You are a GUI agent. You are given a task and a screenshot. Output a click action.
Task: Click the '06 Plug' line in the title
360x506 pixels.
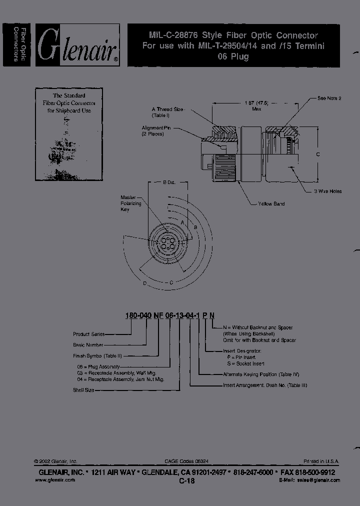pos(233,56)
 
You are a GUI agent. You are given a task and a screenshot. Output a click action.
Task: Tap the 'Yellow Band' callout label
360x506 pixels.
pos(271,204)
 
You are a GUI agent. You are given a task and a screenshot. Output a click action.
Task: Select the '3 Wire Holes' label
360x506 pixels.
pos(327,191)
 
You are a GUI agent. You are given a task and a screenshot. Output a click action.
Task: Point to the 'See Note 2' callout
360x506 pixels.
pos(329,98)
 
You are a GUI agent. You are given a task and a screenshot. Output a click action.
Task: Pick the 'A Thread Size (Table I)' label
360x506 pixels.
pos(168,111)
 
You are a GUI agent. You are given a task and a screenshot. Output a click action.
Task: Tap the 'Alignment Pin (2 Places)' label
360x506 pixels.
pos(156,131)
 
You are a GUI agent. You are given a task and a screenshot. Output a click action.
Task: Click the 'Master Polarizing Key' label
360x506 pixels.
pos(131,203)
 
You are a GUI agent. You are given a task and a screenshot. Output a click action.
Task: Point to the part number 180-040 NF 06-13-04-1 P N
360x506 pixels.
pos(169,314)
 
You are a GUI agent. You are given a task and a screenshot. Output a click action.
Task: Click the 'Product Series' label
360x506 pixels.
pos(88,334)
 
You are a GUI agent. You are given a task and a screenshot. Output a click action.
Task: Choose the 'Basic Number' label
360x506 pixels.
pos(88,345)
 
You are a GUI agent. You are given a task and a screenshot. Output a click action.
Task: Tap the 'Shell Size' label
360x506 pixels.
pos(83,389)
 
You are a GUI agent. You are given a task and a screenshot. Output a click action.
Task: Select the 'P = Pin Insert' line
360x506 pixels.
pos(241,357)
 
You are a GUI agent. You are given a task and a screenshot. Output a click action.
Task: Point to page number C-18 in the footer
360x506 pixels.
pos(186,480)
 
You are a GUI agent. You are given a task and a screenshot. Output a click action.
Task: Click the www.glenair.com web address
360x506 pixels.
pos(55,479)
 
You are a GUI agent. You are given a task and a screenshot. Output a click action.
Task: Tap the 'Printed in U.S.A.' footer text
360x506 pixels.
pos(321,461)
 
